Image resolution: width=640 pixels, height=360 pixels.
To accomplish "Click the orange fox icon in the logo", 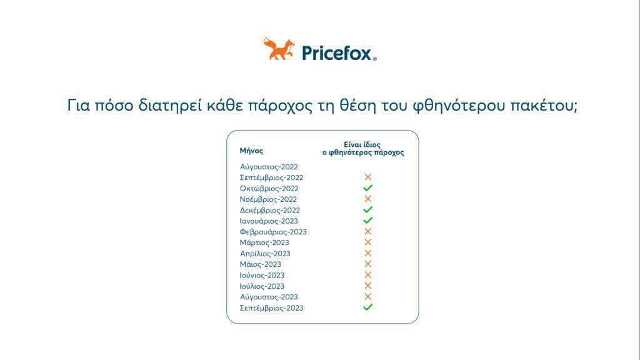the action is (x=279, y=49).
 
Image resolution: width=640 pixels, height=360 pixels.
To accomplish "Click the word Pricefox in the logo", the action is (x=337, y=53).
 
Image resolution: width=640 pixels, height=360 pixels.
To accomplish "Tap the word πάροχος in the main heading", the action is (x=280, y=106).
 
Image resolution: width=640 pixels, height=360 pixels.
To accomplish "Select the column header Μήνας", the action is (x=251, y=151).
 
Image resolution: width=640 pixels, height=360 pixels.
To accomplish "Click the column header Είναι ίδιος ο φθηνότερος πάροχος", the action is (x=363, y=149).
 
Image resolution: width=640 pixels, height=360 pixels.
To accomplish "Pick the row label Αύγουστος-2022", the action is (x=269, y=166).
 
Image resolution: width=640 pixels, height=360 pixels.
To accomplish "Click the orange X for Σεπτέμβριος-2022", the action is (x=367, y=177).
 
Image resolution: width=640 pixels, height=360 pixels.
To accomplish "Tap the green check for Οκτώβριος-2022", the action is (x=367, y=187).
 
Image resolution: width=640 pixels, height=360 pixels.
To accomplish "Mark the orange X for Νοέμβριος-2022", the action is (x=367, y=199).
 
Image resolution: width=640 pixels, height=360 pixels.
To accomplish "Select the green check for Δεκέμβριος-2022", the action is (x=367, y=209).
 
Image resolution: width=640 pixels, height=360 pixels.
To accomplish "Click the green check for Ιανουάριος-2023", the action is (x=367, y=221).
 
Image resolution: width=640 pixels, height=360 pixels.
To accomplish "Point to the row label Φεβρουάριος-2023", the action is (x=273, y=232).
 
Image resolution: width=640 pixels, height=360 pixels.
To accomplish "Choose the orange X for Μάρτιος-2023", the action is (x=367, y=242).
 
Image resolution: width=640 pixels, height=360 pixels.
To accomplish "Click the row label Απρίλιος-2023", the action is (x=265, y=254).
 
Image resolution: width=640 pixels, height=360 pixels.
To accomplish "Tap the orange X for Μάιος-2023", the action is (x=367, y=264).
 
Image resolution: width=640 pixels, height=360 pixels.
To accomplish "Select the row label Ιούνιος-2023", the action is (x=262, y=276).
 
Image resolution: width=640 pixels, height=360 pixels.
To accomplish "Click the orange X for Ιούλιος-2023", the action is (x=367, y=286).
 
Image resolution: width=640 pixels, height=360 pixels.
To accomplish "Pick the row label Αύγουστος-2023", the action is (x=269, y=297).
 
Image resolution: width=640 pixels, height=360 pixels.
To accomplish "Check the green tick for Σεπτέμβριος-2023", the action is (x=367, y=307).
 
